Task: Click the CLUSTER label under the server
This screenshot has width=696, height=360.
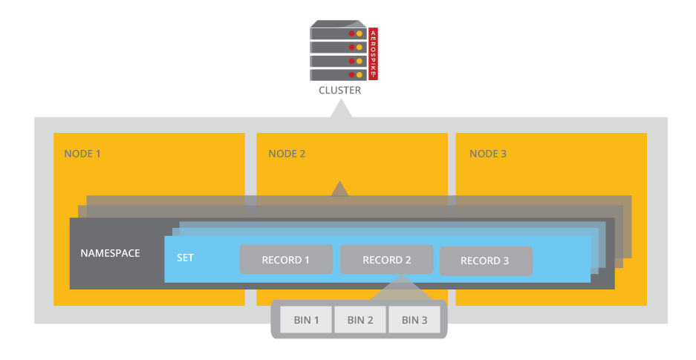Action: coord(339,91)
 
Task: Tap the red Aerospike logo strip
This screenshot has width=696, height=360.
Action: coord(373,53)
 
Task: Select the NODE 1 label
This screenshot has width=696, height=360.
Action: coord(82,154)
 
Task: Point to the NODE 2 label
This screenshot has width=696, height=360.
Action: coord(287,154)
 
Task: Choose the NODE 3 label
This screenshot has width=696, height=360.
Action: coord(488,154)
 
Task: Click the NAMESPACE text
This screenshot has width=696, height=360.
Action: coord(110,253)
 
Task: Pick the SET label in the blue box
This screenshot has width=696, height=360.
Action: coord(185,258)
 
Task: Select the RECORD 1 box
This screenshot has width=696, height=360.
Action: coord(285,260)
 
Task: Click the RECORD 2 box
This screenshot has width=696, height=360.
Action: coord(386,260)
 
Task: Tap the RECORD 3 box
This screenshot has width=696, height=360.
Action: coord(486,261)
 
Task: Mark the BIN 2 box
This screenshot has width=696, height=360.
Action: coord(360,320)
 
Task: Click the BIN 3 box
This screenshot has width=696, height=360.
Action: coord(414,320)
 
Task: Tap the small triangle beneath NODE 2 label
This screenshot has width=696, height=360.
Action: coord(339,189)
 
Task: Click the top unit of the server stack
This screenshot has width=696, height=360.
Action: coord(338,33)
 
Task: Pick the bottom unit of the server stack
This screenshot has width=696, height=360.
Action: coord(338,75)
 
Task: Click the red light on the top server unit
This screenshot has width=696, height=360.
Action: coord(351,33)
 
